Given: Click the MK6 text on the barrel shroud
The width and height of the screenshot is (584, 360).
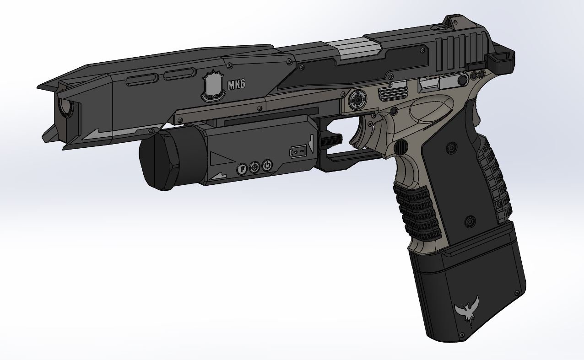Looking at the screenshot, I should click(x=232, y=85).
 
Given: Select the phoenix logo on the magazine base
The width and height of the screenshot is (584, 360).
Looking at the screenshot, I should click(x=467, y=313).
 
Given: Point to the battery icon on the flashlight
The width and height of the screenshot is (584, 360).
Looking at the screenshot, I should click(x=298, y=151).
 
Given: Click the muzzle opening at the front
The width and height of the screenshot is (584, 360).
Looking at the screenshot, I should click(x=65, y=108).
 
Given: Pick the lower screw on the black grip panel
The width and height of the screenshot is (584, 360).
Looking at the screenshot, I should click(x=469, y=222).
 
